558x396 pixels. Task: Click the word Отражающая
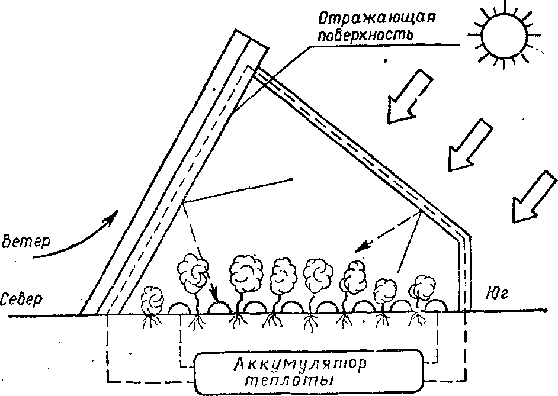[377, 18]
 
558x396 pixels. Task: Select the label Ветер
[25, 242]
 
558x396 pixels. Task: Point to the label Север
[21, 300]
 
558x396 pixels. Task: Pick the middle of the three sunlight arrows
[470, 145]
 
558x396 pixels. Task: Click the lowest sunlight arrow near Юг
[534, 197]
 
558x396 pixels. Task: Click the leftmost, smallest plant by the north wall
[153, 301]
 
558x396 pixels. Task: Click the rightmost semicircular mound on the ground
[436, 305]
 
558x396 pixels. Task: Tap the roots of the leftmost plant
[152, 321]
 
